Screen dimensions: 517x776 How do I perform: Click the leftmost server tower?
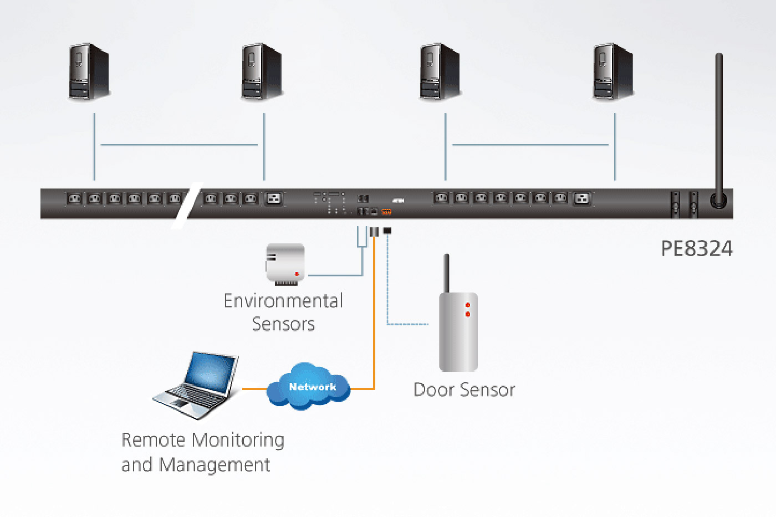[89, 73]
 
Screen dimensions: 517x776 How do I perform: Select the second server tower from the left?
[262, 73]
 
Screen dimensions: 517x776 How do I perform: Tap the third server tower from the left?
[440, 73]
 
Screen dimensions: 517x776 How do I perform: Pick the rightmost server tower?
[613, 73]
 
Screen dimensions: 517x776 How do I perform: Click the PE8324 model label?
[696, 248]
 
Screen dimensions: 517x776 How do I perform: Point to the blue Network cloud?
[309, 386]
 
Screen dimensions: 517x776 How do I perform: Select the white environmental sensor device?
[285, 263]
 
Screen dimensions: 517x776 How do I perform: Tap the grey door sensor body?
[458, 332]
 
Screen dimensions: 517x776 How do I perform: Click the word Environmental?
[283, 301]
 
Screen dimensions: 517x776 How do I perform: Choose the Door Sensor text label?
[464, 390]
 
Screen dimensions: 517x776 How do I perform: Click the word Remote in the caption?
[154, 440]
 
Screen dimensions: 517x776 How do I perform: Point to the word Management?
[215, 464]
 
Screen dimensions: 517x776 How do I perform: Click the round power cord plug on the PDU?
[718, 200]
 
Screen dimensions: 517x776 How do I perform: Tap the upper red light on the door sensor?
[468, 305]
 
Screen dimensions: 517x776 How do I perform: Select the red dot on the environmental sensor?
[297, 274]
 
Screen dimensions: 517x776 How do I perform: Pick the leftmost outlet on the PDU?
[74, 198]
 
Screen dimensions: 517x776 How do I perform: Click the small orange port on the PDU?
[386, 212]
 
